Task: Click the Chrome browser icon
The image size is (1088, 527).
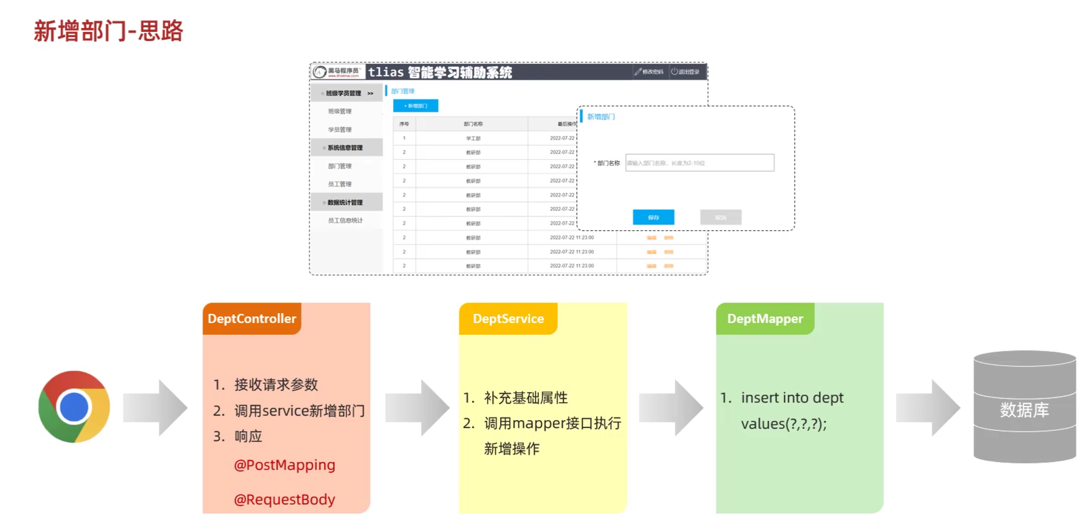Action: point(74,407)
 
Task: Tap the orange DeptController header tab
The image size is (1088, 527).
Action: point(252,319)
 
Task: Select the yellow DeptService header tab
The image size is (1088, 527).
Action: point(508,319)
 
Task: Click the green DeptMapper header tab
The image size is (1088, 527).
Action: point(765,319)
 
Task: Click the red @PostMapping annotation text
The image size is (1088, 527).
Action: point(284,464)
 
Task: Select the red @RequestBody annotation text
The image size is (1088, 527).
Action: point(284,499)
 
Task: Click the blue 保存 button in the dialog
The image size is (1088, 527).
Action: point(653,217)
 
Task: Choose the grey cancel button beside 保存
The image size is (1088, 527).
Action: point(721,217)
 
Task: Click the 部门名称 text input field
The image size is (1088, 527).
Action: point(700,163)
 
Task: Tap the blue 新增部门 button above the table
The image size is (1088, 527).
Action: point(415,106)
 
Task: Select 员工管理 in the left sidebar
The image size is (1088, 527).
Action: point(340,184)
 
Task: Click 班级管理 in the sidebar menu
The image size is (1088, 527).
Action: point(340,111)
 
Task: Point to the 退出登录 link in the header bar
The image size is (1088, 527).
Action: point(685,72)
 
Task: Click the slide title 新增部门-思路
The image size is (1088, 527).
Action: point(108,31)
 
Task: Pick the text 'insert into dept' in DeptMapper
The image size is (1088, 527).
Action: point(792,397)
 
